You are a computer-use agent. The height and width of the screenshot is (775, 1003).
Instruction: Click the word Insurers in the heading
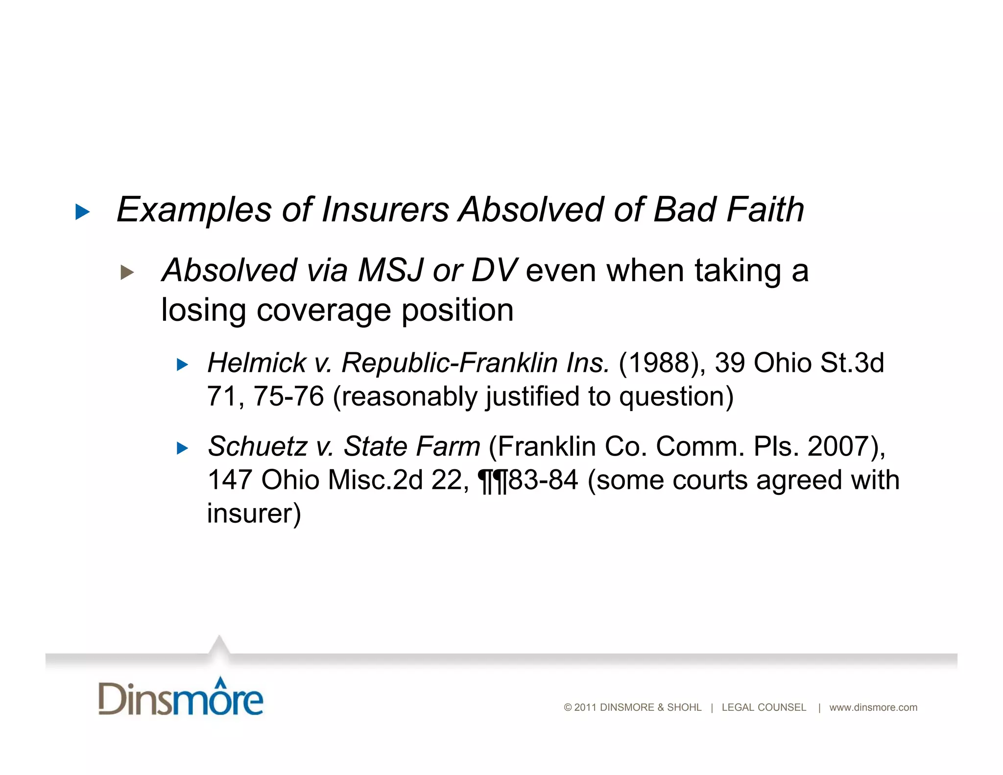point(385,210)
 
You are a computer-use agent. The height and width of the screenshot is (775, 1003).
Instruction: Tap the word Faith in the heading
point(765,210)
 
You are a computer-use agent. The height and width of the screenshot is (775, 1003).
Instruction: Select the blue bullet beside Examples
point(82,212)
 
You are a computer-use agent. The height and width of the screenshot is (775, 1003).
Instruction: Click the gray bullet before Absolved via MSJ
point(127,272)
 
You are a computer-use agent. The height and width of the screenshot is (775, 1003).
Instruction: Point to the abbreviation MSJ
point(390,270)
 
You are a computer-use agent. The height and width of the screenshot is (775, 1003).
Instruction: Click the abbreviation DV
point(494,270)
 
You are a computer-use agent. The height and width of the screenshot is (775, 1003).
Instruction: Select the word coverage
point(324,310)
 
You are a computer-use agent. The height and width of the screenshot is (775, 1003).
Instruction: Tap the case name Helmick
point(257,363)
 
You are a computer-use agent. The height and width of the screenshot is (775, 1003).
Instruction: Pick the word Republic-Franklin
point(449,363)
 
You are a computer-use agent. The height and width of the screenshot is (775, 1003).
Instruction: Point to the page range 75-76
point(288,396)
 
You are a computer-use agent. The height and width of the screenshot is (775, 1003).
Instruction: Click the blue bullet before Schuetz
point(182,448)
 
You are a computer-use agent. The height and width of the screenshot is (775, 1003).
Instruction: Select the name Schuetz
point(258,446)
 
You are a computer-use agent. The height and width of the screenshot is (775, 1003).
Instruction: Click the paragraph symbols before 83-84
point(493,481)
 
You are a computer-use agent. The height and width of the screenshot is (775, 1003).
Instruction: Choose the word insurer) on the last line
point(254,513)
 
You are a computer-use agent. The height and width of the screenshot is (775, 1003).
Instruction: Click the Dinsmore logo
point(181,697)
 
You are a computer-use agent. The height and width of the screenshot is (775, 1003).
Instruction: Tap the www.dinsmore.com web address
point(873,707)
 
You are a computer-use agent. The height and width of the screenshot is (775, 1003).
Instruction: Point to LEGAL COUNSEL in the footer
point(764,707)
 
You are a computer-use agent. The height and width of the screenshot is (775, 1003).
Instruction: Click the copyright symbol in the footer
point(568,707)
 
